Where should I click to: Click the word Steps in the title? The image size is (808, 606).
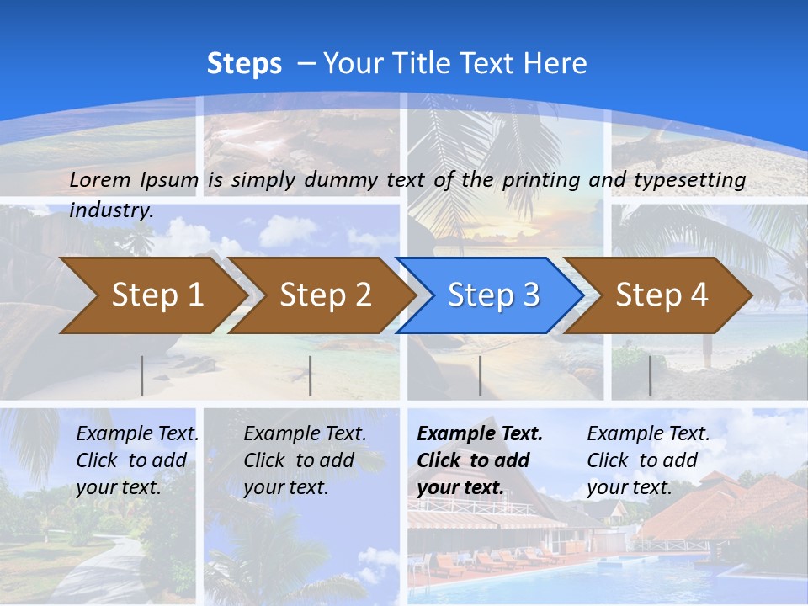pyautogui.click(x=244, y=64)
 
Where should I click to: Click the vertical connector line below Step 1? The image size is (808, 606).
pyautogui.click(x=142, y=375)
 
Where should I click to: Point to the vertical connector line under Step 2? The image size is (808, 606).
pyautogui.click(x=311, y=375)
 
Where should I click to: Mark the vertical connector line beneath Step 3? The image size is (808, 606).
pyautogui.click(x=480, y=375)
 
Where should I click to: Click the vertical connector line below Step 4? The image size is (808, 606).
pyautogui.click(x=650, y=375)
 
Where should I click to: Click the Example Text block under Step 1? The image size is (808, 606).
pyautogui.click(x=137, y=460)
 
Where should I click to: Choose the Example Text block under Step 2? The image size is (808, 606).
pyautogui.click(x=305, y=460)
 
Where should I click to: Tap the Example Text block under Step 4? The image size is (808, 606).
pyautogui.click(x=648, y=460)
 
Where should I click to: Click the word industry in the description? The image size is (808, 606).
pyautogui.click(x=111, y=210)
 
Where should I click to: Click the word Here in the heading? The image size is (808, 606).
pyautogui.click(x=555, y=64)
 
